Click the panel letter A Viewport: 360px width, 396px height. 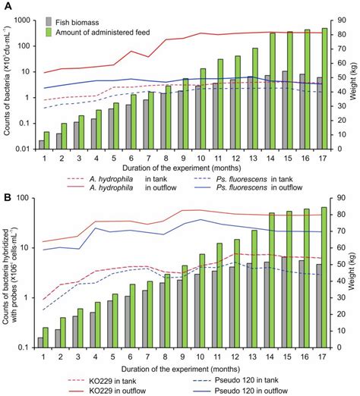[x=6, y=6]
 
